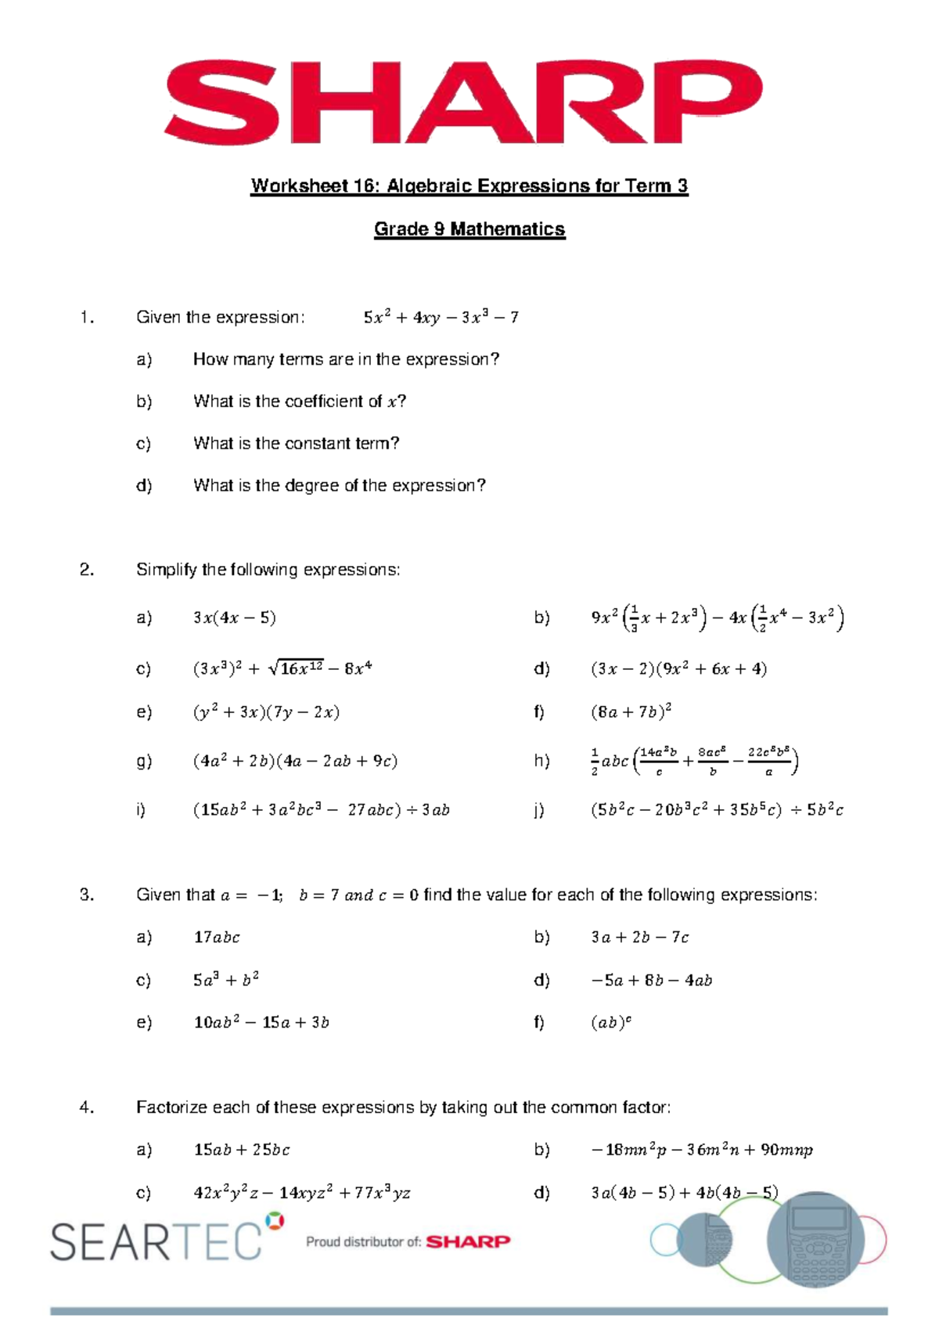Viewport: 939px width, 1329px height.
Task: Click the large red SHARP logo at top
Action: click(462, 103)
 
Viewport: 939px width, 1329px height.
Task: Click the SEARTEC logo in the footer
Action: click(156, 1241)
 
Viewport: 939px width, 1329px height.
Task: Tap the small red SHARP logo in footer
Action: click(468, 1241)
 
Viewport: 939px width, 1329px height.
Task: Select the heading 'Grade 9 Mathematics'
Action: click(469, 229)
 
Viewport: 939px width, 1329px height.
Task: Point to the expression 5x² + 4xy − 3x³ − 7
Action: click(441, 318)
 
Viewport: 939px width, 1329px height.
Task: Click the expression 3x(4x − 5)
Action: click(234, 618)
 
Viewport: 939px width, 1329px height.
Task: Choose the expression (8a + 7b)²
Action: click(631, 712)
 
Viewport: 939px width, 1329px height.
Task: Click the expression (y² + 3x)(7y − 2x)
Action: click(266, 712)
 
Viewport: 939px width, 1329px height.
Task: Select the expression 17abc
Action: click(217, 938)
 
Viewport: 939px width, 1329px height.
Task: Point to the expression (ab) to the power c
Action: click(610, 1022)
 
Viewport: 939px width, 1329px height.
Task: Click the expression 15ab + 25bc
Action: click(242, 1150)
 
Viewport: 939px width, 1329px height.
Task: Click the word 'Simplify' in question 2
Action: click(166, 570)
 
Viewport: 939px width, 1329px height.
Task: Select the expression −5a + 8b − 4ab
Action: click(651, 980)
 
